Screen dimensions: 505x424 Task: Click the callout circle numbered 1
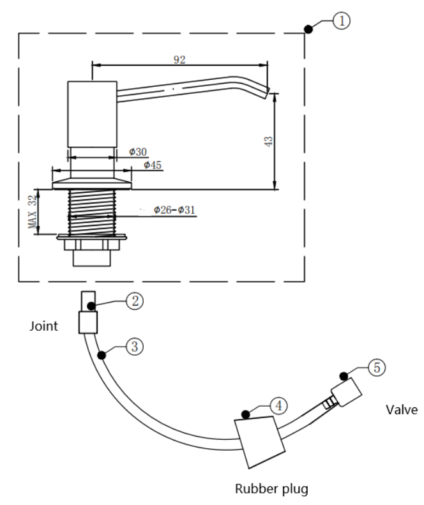pyautogui.click(x=342, y=21)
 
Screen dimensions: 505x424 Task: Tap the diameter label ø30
pyautogui.click(x=137, y=152)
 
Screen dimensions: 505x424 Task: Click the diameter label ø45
pyautogui.click(x=152, y=165)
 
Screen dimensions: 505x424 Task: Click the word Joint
pyautogui.click(x=44, y=326)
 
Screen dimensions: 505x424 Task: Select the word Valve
pyautogui.click(x=404, y=410)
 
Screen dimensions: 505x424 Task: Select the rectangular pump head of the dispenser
pyautogui.click(x=92, y=114)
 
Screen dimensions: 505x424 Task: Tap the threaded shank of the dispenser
pyautogui.click(x=92, y=211)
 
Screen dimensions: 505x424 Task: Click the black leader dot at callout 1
pyautogui.click(x=308, y=29)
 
